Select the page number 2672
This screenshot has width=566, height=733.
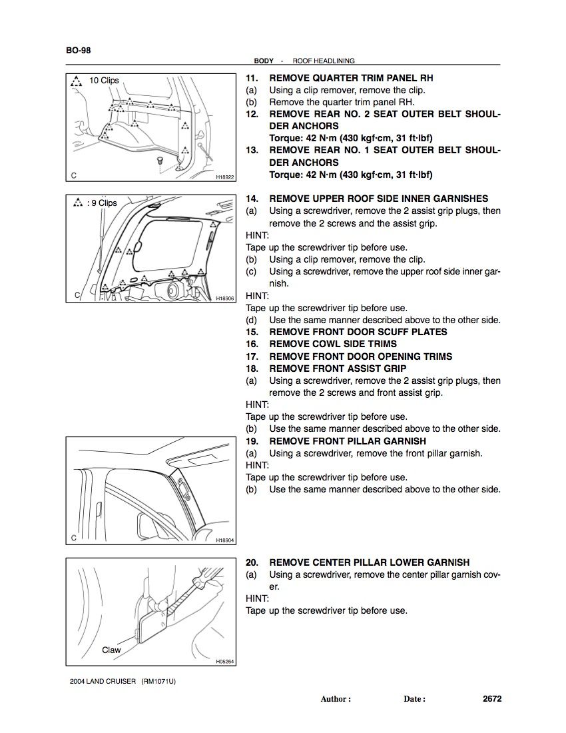coord(491,699)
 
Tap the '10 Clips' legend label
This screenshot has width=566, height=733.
coord(104,80)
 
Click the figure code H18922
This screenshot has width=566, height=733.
coord(225,177)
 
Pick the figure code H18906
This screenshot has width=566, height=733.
coord(225,299)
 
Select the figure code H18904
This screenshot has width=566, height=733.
coord(225,540)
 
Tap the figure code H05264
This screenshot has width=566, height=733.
coord(225,662)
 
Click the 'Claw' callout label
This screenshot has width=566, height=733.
coord(111,650)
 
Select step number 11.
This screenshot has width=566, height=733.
coord(252,77)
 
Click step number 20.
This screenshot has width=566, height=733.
coord(252,562)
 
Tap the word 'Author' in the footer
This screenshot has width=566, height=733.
coord(335,699)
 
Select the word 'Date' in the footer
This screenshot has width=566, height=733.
coord(414,699)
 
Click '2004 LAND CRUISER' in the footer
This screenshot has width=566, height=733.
coord(102,682)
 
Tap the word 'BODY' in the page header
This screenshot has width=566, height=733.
coord(264,61)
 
